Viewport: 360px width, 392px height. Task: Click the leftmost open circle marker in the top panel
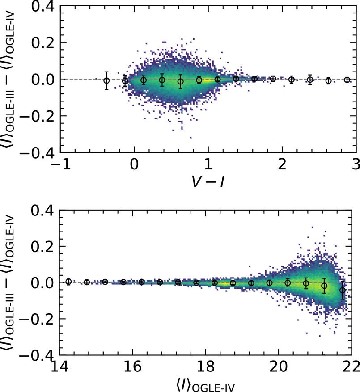(x=106, y=81)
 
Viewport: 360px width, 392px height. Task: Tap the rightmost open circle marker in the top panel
(x=347, y=80)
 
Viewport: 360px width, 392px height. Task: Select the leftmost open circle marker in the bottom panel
(x=68, y=282)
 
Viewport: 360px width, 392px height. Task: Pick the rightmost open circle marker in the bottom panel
(x=343, y=290)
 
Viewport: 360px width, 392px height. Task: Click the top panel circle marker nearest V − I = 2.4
(x=310, y=80)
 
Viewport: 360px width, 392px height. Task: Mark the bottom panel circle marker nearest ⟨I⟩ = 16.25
(x=141, y=282)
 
